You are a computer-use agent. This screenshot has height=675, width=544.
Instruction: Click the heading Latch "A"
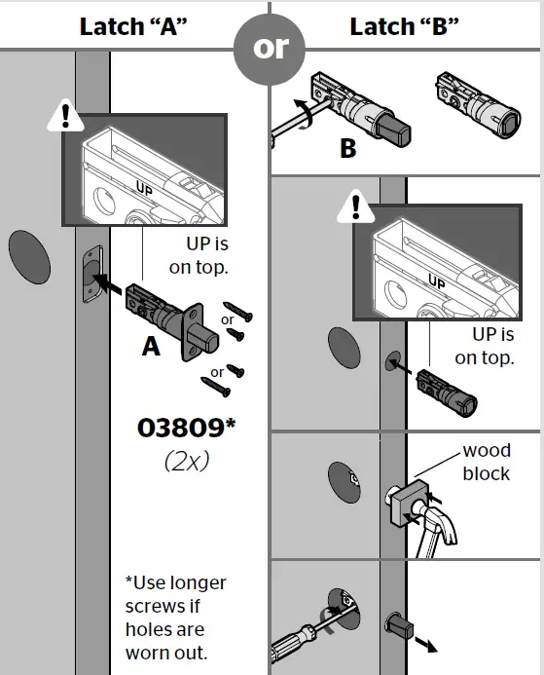[x=133, y=25]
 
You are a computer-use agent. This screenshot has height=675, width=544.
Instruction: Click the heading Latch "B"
[x=404, y=25]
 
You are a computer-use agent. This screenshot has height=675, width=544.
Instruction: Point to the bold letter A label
[x=151, y=347]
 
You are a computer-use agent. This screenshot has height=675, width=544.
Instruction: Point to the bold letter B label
[x=347, y=149]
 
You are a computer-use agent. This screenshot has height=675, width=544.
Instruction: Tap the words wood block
[x=486, y=463]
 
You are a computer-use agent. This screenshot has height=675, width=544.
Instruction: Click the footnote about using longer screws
[x=176, y=618]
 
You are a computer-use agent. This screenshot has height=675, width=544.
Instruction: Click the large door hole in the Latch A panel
[x=27, y=256]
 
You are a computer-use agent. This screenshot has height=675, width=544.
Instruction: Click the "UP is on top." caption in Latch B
[x=484, y=346]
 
